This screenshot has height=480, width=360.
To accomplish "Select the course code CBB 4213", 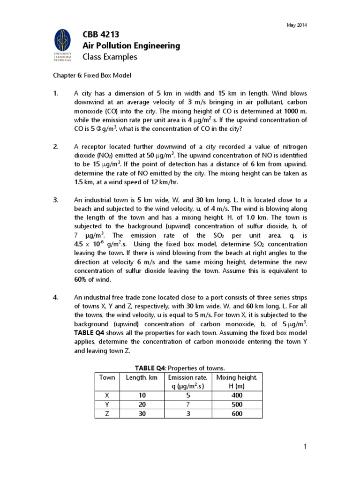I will click(x=101, y=34).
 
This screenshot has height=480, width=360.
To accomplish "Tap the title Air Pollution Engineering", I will click(x=131, y=45).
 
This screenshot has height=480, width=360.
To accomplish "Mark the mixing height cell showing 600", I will click(x=237, y=413).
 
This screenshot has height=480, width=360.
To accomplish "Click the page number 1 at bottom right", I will click(x=305, y=447).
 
